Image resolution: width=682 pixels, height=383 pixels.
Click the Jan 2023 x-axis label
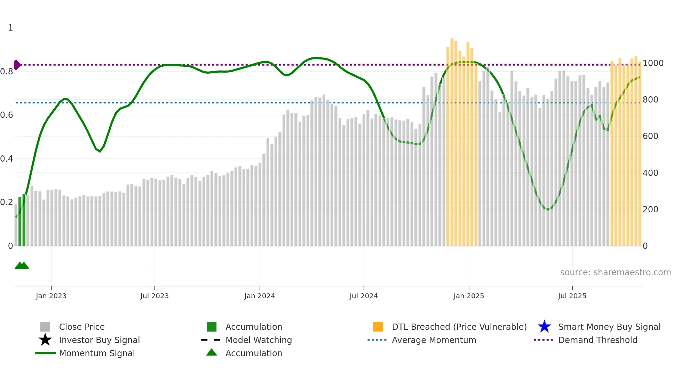(51, 296)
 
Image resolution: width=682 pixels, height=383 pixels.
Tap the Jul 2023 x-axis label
(154, 296)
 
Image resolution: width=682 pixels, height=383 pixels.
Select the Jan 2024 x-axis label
(260, 296)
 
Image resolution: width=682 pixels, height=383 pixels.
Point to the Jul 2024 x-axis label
(364, 296)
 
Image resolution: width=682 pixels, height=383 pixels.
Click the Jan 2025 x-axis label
(469, 296)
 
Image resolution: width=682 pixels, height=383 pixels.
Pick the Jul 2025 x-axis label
(572, 296)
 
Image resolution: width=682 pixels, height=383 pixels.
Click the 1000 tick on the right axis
(653, 63)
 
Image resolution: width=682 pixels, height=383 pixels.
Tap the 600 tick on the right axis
(650, 136)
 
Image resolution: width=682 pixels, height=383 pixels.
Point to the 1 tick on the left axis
(10, 28)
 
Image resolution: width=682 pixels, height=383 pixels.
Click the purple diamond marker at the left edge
(17, 65)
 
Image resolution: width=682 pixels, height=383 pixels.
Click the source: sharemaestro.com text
(615, 272)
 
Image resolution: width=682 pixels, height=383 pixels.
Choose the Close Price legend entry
(82, 327)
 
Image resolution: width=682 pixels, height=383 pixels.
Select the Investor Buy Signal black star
(45, 340)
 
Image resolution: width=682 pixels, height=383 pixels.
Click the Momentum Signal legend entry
(97, 353)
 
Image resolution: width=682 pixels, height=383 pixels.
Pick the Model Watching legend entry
(259, 340)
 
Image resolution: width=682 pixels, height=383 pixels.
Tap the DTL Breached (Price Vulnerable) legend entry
(459, 327)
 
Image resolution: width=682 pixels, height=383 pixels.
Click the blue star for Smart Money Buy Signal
(544, 327)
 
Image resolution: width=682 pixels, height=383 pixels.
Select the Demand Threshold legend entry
(597, 340)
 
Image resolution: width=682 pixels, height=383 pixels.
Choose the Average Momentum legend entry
(434, 340)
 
